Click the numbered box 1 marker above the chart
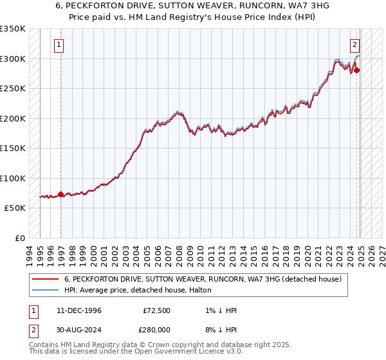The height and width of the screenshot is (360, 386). tap(59, 45)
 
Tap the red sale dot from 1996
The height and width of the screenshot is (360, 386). tap(60, 194)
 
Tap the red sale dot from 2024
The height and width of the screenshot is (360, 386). tap(357, 71)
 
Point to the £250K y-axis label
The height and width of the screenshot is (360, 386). tap(13, 89)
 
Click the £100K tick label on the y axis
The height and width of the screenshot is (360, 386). tap(13, 178)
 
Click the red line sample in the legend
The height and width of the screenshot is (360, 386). tap(44, 280)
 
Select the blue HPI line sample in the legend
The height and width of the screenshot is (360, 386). tap(44, 290)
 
